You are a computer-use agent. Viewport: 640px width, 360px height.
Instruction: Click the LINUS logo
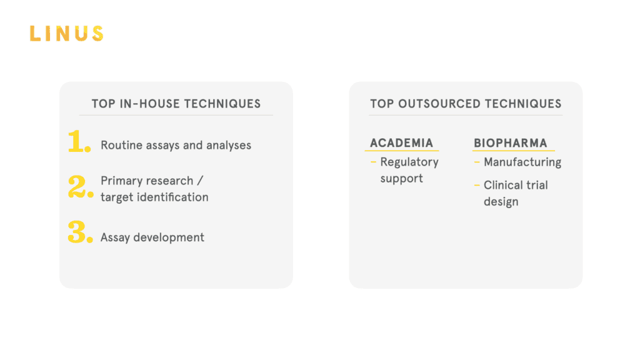click(x=66, y=34)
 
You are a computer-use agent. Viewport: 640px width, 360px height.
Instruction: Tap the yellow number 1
click(x=79, y=142)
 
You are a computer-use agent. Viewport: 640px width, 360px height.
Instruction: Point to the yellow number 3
click(x=80, y=232)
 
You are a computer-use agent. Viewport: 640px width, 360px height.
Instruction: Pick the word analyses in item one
click(x=229, y=146)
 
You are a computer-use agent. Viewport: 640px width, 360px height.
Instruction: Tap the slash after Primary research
click(x=200, y=181)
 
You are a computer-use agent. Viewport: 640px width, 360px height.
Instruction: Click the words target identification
click(x=154, y=197)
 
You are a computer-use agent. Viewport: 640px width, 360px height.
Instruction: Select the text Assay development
click(x=152, y=237)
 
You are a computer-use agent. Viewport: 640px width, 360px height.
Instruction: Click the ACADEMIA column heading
click(x=401, y=143)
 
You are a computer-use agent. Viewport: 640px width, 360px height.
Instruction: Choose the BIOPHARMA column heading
click(x=510, y=143)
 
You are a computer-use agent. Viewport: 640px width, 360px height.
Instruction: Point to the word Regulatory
click(x=409, y=162)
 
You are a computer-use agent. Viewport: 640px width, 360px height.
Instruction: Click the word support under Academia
click(x=402, y=179)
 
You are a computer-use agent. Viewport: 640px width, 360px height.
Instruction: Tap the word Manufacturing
click(x=522, y=162)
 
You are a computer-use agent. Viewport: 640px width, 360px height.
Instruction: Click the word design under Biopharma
click(x=501, y=202)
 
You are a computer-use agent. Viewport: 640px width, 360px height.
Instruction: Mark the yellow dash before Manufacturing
click(x=477, y=162)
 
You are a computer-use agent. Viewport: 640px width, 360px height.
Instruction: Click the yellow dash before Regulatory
click(x=373, y=162)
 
